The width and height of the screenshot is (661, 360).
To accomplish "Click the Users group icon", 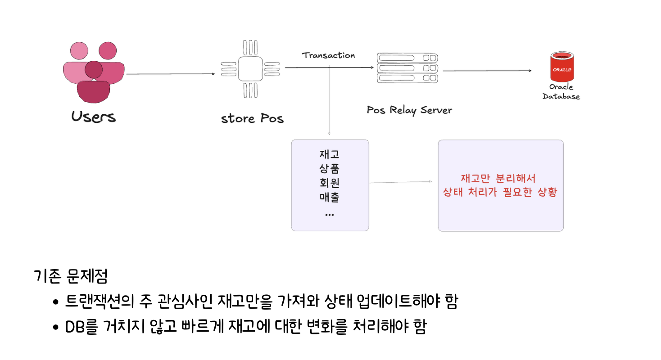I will coord(94,72).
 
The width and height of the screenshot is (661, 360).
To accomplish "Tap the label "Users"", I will coord(94,117).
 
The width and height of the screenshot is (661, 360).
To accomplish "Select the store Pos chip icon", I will coord(250,69).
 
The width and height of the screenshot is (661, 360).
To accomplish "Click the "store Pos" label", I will coord(252,119).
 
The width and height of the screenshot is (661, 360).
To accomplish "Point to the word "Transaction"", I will coord(328,55).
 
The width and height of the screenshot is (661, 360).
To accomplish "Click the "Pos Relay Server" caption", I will coord(409,110).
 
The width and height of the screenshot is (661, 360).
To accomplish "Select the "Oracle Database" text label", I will coord(561,91).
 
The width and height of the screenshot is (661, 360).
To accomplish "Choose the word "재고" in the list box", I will coord(330,154).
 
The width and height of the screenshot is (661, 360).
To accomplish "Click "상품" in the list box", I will coord(330,169).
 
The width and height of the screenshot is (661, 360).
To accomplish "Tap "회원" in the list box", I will coord(330,183).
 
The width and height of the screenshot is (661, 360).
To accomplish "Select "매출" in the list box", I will coord(330,198).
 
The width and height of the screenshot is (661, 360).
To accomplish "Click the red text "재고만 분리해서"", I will coord(498,178).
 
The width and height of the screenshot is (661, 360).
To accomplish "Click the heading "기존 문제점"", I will coord(71,276).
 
